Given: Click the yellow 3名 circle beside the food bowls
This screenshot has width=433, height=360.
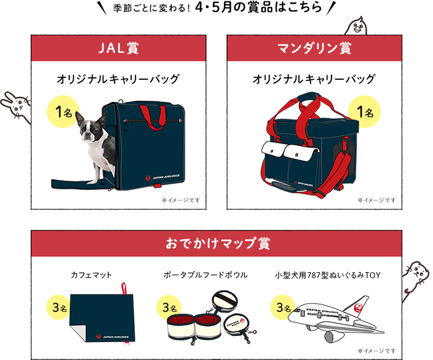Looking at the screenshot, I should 170,307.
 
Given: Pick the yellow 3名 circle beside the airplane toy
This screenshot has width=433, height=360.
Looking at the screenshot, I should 284,307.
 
